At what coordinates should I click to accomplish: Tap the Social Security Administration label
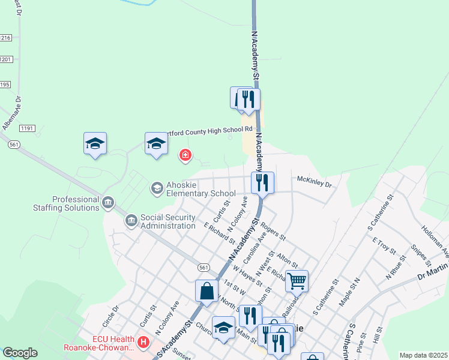(167, 221)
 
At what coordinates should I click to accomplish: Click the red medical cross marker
(185, 157)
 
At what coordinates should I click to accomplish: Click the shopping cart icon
(297, 280)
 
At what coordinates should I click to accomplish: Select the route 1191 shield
(27, 128)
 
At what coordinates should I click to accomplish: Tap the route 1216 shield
(5, 38)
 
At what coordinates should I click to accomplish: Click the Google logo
(20, 353)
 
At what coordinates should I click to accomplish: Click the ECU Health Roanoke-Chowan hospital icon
(143, 343)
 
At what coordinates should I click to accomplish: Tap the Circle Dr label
(110, 316)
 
